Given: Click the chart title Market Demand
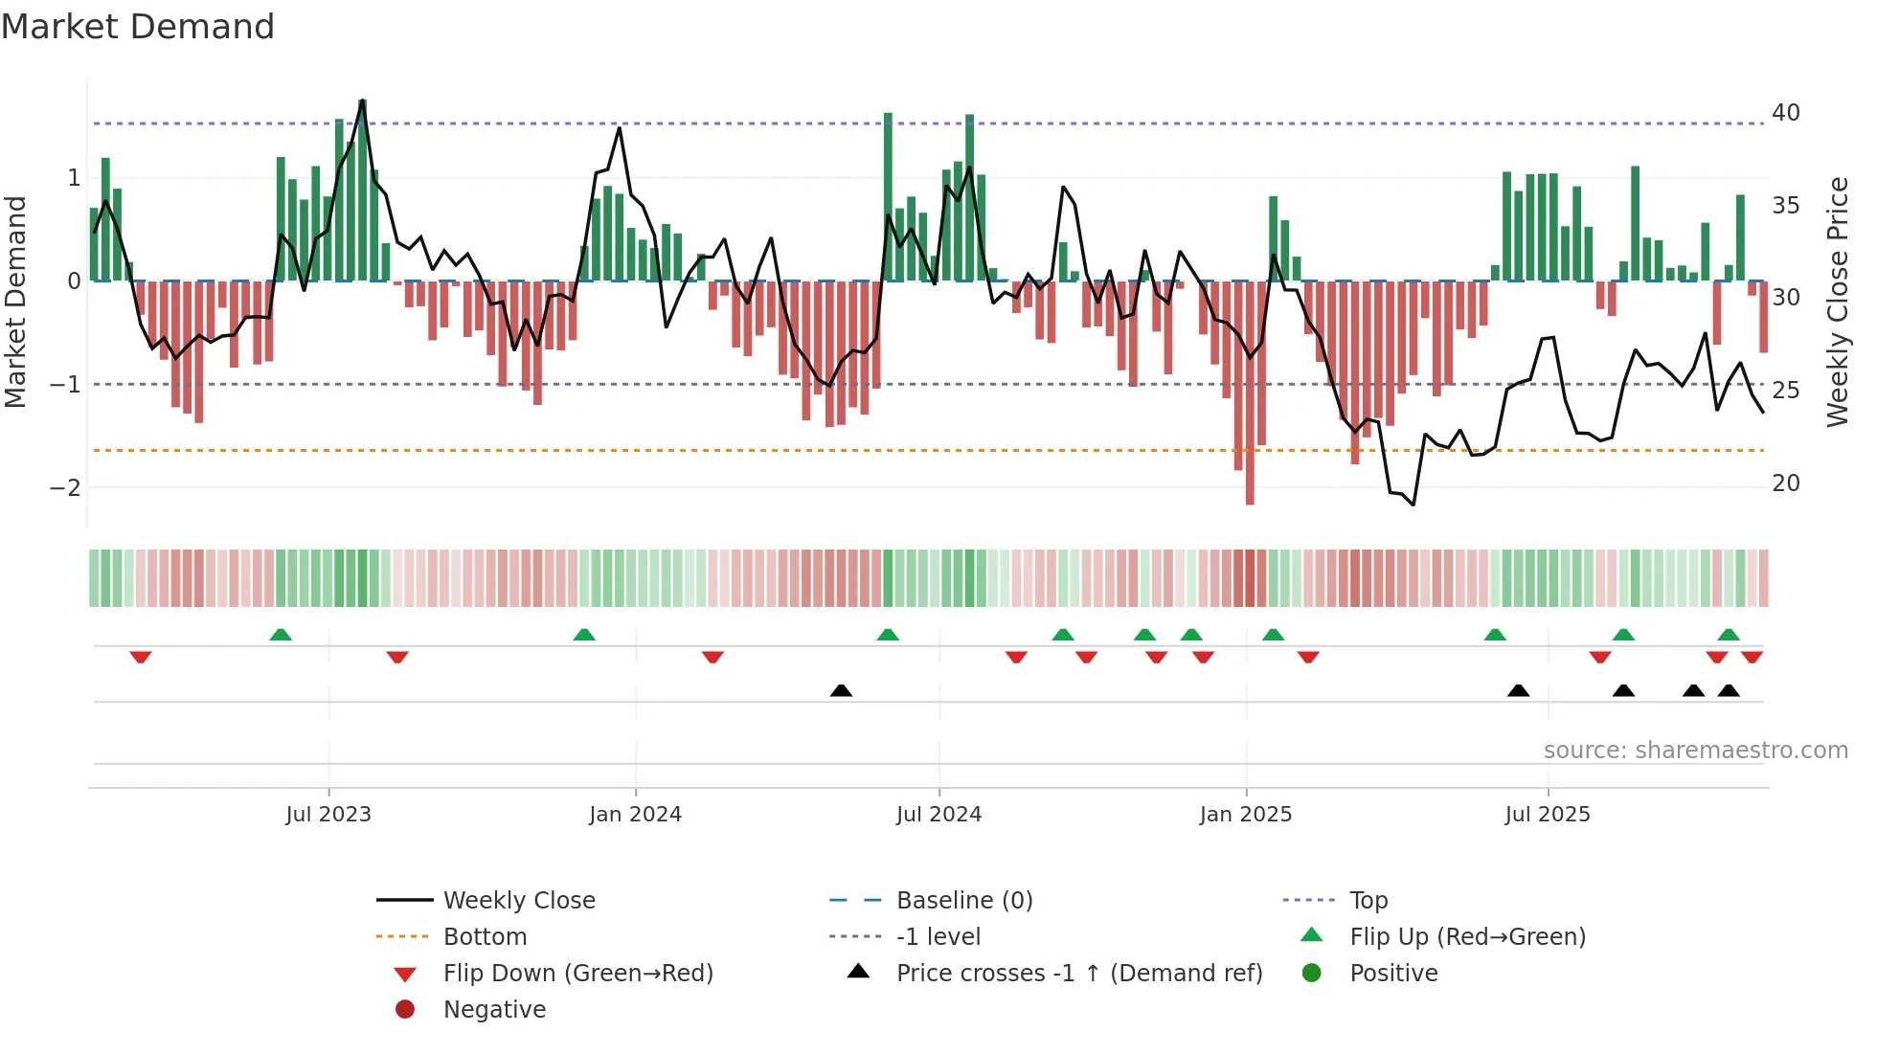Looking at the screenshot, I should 138,27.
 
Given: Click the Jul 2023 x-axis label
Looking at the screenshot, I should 328,815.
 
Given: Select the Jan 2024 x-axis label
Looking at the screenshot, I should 635,815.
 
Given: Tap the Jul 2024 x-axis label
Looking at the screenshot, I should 938,815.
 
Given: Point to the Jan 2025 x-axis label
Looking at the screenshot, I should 1245,815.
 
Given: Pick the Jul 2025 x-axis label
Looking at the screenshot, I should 1548,815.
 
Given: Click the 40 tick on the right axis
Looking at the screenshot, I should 1785,113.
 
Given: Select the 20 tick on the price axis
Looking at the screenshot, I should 1785,483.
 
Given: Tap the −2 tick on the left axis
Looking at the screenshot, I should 65,488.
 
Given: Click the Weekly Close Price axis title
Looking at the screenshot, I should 1837,302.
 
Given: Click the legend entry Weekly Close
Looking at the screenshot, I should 518,901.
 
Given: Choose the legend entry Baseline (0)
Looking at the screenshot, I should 963,901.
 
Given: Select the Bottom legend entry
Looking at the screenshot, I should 485,937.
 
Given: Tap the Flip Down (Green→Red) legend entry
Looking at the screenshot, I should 577,974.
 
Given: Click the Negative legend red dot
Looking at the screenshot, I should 405,1010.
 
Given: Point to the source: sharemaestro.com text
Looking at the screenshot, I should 1695,751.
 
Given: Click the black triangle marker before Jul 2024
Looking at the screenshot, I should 841,690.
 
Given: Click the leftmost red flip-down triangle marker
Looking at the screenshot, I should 141,657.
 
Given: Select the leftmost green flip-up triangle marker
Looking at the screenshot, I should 281,635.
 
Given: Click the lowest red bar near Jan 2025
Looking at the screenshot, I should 1250,497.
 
